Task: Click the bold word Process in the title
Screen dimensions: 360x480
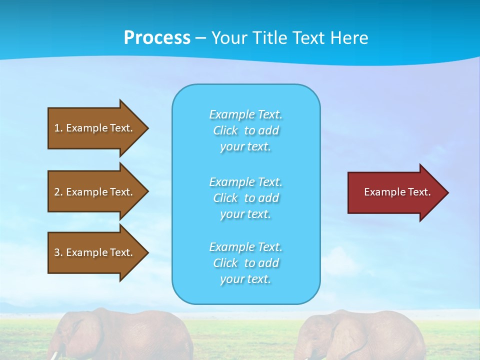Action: click(x=157, y=37)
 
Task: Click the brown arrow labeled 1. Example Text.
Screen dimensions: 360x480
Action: click(x=95, y=128)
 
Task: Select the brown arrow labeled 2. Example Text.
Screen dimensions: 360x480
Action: click(x=95, y=192)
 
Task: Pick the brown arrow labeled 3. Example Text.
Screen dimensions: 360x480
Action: click(x=95, y=252)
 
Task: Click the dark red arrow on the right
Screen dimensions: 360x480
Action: click(x=395, y=192)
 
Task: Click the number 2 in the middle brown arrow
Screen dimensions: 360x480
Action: click(x=57, y=192)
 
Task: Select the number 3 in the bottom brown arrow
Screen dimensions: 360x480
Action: click(x=57, y=252)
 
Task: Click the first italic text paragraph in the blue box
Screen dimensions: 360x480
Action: click(x=245, y=130)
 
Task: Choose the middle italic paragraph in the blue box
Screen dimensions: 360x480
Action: click(x=245, y=198)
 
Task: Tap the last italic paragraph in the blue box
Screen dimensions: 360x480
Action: click(x=245, y=263)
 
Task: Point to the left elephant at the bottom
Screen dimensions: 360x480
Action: click(x=125, y=335)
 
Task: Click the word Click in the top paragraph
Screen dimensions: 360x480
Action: click(x=225, y=130)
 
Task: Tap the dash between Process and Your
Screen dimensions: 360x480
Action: click(x=200, y=38)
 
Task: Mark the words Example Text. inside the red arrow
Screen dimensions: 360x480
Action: click(x=397, y=192)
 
